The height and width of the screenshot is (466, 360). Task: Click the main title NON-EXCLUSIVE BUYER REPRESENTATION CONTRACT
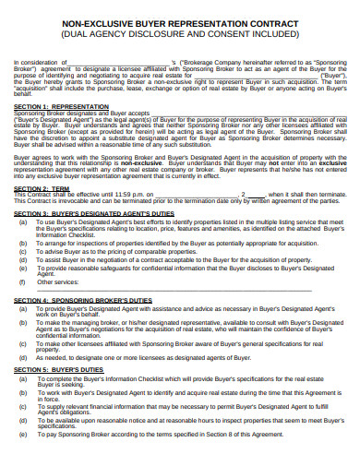[x=179, y=27]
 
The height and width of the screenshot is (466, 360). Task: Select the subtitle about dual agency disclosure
[x=179, y=38]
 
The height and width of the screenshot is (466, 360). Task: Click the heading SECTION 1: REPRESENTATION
[x=57, y=131]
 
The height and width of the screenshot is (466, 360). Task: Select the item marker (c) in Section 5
[x=22, y=405]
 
